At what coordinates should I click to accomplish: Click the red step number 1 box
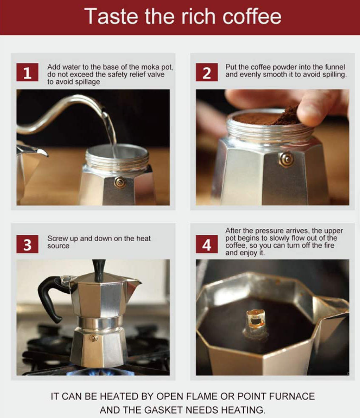pos(27,72)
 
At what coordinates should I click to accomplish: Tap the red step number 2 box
pos(207,72)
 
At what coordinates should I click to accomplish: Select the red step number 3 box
pos(27,244)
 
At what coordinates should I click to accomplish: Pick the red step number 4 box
pos(207,244)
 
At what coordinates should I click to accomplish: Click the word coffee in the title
pos(252,17)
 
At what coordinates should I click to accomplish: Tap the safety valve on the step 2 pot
pos(286,159)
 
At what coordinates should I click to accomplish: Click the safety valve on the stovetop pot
pos(93,338)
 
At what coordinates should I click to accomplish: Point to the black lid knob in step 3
pos(99,271)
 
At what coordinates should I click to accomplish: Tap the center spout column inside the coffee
pos(256,324)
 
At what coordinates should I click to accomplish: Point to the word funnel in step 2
pos(335,67)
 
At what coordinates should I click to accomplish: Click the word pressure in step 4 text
pos(269,231)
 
